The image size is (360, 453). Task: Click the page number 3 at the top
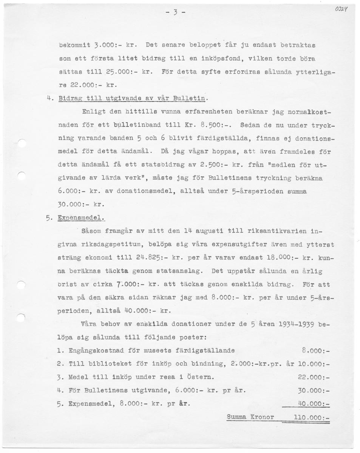tap(175, 12)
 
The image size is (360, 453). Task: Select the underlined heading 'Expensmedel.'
tap(80, 218)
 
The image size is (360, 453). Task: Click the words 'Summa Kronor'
tap(250, 417)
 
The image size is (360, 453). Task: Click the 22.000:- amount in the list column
tap(314, 377)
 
